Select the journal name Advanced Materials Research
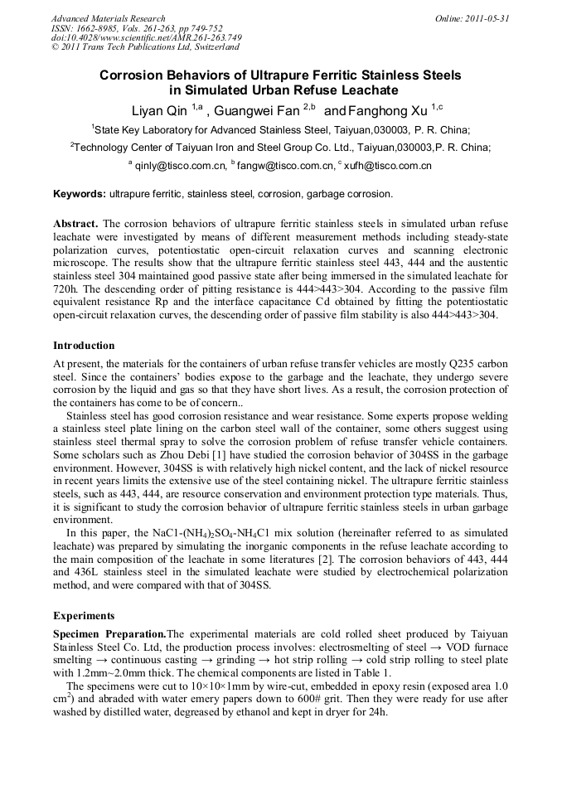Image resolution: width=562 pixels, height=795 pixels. tap(108, 18)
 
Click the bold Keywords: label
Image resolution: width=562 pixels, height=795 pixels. tap(80, 194)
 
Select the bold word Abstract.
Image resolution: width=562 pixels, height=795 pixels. tap(75, 225)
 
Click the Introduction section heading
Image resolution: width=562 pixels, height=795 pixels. tap(84, 346)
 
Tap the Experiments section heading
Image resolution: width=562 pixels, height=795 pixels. tap(85, 616)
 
